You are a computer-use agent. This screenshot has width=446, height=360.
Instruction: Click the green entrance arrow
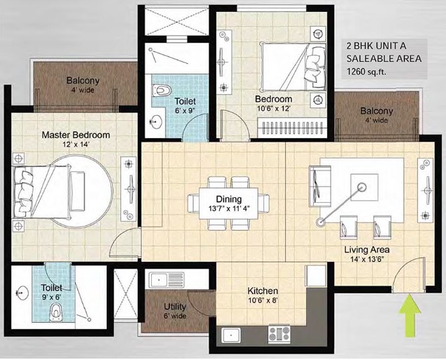pos(409,315)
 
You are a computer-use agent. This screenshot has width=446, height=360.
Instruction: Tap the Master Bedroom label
pos(76,135)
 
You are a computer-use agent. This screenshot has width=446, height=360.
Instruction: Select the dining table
pos(229,204)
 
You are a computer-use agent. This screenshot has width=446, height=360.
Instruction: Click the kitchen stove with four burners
pos(280,333)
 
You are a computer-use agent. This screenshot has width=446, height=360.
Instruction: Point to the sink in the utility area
pos(166,279)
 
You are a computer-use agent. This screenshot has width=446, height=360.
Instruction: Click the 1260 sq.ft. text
pos(366,72)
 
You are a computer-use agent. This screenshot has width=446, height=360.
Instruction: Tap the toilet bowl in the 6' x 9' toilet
pos(162,91)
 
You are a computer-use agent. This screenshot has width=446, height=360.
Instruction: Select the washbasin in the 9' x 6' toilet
pos(20,293)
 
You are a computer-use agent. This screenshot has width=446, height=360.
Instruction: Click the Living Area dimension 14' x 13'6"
pos(367,259)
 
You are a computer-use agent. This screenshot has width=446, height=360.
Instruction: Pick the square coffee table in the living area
pos(365,187)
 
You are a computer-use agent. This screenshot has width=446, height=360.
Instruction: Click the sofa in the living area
pos(320,187)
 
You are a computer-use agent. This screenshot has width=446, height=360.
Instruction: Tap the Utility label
pos(175,307)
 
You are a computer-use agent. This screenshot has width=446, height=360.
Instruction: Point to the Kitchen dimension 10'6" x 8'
pos(262,300)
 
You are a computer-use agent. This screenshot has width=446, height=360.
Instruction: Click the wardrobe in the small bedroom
pos(291,127)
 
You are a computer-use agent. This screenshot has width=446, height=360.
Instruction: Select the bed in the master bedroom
pos(41,192)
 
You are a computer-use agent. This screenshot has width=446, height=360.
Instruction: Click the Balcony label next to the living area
pos(376,111)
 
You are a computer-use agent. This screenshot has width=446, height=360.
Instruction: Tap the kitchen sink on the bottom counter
pos(231,335)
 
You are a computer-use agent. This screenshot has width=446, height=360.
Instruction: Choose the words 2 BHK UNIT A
pos(376,46)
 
